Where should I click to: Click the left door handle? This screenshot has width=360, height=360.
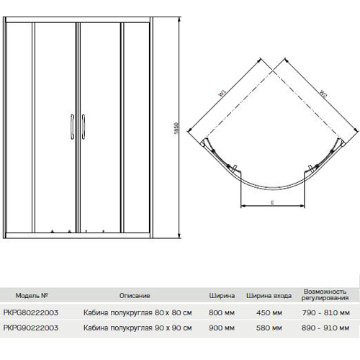72,127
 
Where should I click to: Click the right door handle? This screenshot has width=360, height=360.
84,127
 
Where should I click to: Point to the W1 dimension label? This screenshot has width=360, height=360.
222,93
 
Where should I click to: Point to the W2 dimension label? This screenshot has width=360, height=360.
323,94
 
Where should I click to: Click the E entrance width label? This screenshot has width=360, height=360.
272,202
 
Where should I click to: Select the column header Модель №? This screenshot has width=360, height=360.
32,295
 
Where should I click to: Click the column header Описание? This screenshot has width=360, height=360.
135,295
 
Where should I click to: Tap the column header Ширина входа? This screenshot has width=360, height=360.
269,296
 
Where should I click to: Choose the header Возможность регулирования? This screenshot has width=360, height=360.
325,294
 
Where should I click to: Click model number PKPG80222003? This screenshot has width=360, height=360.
31,312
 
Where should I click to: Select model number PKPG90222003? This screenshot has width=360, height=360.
31,328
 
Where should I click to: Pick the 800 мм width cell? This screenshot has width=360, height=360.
222,312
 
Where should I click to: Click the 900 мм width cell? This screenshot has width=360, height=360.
222,328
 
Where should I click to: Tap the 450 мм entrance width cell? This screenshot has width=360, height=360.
269,312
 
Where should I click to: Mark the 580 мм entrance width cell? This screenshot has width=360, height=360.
269,328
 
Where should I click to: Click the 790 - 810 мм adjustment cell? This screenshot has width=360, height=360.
325,312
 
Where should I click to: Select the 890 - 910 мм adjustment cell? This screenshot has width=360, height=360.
325,328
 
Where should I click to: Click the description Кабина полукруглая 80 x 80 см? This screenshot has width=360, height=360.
138,312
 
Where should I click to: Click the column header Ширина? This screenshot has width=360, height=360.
222,296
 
